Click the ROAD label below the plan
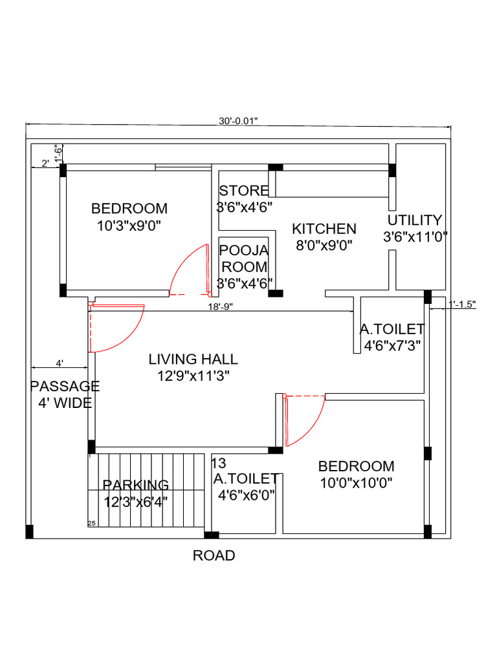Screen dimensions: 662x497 pos(214,555)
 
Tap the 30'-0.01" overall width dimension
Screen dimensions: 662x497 pos(238,120)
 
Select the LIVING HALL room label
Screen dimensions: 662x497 pos(193,359)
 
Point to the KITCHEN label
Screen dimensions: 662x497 pos(324,228)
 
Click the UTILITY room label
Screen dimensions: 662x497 pos(415,220)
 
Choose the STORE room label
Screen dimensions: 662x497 pos(243,191)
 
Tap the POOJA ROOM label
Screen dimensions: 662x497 pos(243,259)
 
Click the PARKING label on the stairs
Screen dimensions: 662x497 pos(136,485)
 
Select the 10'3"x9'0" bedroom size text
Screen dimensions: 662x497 pos(129,225)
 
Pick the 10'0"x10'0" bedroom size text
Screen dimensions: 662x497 pos(356,482)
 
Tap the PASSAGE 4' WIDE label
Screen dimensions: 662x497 pos(65,394)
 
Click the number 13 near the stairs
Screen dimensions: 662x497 pos(219,463)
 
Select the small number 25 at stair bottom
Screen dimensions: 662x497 pos(91,522)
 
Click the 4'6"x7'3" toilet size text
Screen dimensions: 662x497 pos(393,345)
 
